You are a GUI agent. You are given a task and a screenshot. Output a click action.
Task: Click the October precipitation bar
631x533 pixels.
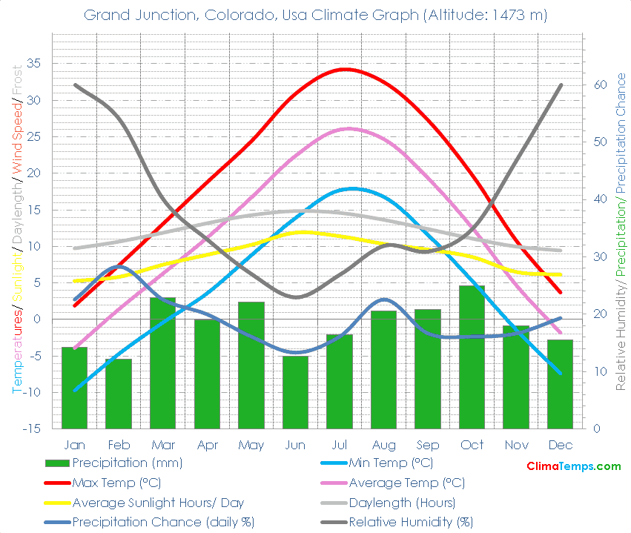(472, 357)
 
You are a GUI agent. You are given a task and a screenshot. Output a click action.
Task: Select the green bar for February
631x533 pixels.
(119, 394)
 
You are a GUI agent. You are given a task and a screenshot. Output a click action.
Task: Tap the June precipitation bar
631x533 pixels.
(295, 392)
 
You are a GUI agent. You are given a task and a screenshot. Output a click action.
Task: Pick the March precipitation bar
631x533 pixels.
(162, 362)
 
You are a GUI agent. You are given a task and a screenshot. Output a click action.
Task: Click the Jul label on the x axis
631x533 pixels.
(340, 445)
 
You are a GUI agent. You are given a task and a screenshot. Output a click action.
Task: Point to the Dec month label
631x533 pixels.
(561, 445)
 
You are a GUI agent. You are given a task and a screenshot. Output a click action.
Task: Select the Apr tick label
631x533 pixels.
(207, 445)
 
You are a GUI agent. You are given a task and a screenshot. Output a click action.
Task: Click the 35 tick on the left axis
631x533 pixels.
(33, 64)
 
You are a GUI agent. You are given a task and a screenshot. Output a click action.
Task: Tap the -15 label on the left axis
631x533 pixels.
(30, 428)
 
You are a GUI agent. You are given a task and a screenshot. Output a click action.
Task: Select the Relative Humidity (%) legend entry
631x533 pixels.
(411, 522)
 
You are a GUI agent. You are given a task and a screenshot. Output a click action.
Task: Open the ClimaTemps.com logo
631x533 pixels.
(573, 466)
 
